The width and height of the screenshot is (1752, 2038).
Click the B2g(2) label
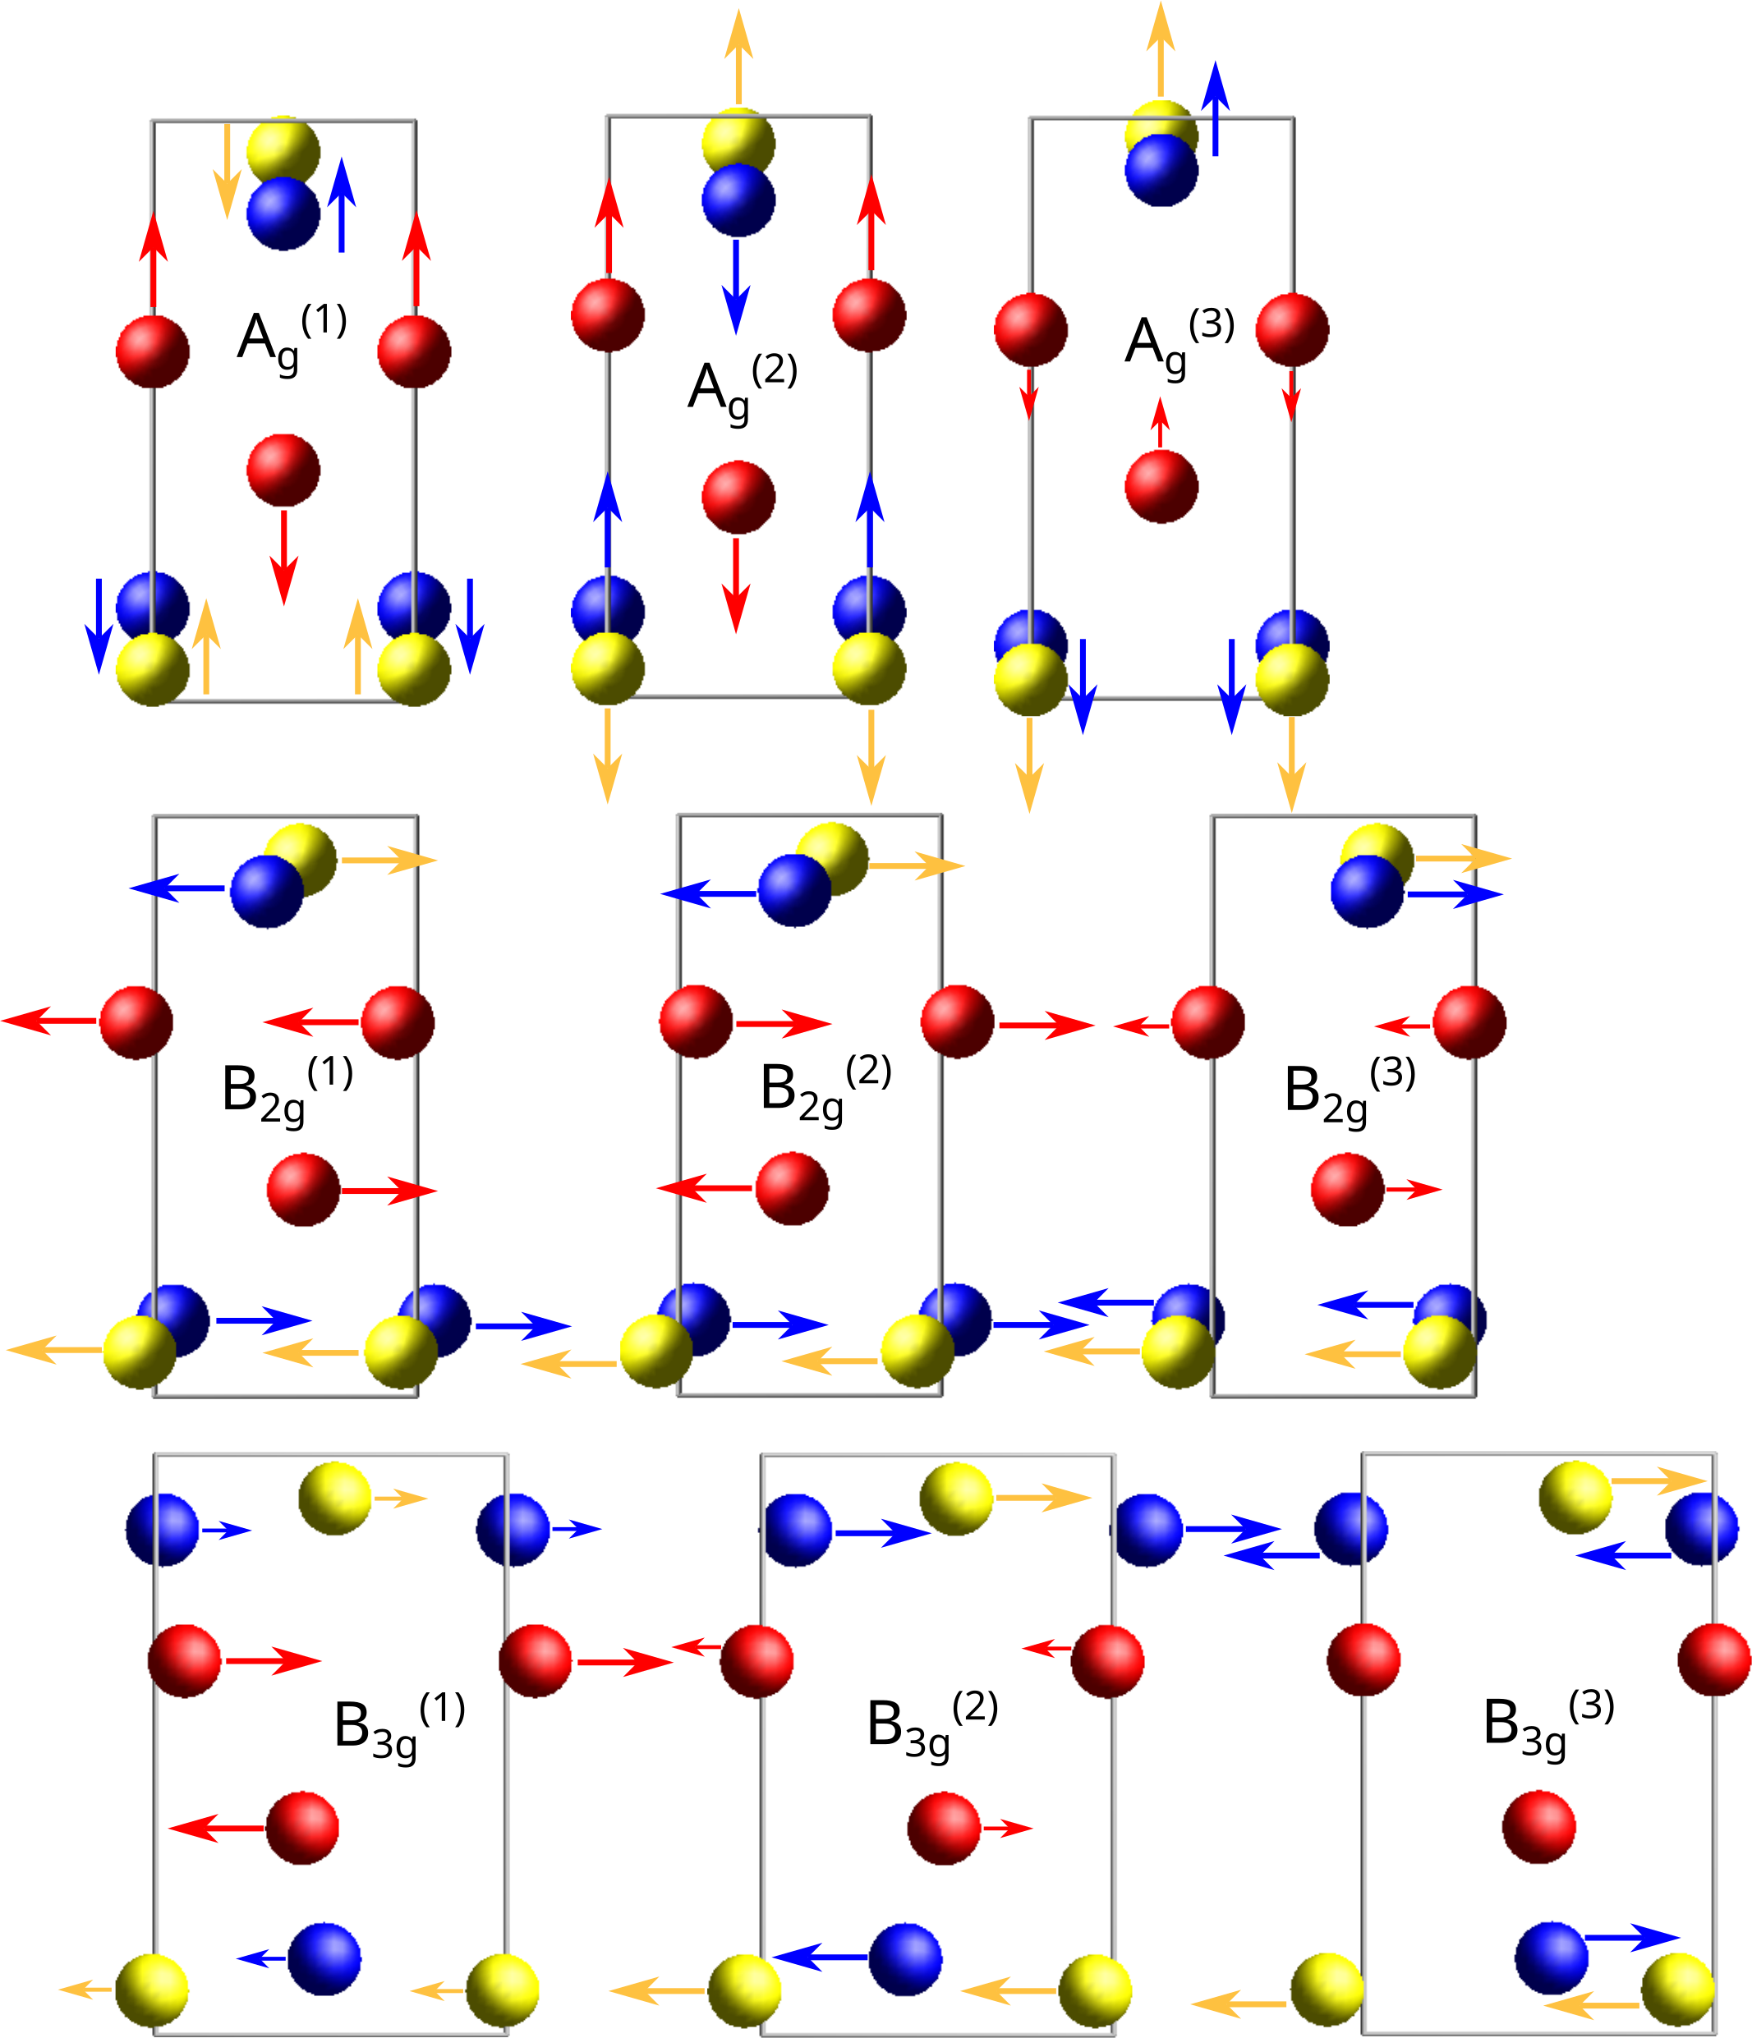(x=825, y=1092)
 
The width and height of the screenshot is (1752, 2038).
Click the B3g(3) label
(x=1548, y=1727)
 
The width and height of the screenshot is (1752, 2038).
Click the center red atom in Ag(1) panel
(x=283, y=470)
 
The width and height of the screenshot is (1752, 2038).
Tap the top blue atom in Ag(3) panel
(x=1161, y=170)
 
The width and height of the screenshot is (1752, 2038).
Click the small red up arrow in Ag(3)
(x=1161, y=423)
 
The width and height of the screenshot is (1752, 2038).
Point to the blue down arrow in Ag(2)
(x=736, y=285)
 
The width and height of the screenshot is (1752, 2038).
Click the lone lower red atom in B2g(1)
(x=303, y=1190)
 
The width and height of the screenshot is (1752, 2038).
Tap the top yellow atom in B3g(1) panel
(x=335, y=1498)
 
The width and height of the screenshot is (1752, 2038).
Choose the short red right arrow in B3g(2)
(x=1007, y=1828)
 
